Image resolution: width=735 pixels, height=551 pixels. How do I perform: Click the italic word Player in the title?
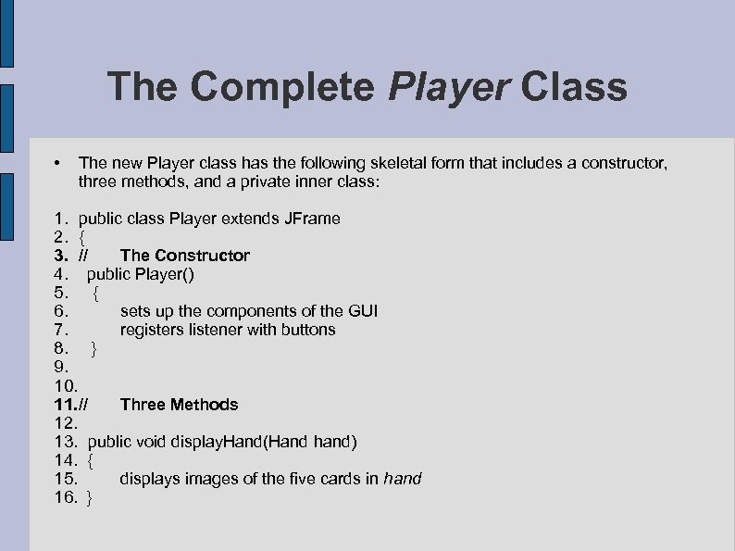pyautogui.click(x=450, y=88)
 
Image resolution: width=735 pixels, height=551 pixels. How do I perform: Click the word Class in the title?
pyautogui.click(x=574, y=88)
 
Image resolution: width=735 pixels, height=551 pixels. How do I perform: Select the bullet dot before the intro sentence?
pyautogui.click(x=58, y=163)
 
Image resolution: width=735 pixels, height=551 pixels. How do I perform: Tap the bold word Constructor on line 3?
pyautogui.click(x=203, y=256)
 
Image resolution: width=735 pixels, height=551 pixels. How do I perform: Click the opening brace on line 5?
pyautogui.click(x=96, y=293)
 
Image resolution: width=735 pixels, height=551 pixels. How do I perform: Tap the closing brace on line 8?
pyautogui.click(x=93, y=348)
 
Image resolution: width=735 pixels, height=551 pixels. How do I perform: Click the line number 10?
pyautogui.click(x=66, y=385)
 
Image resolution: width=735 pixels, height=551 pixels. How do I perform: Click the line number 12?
pyautogui.click(x=66, y=423)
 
